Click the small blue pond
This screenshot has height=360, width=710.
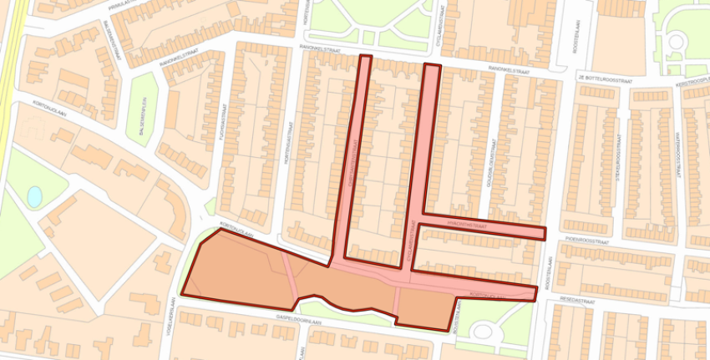pos(34,196)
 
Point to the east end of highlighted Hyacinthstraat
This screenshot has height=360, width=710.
pos(540,233)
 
